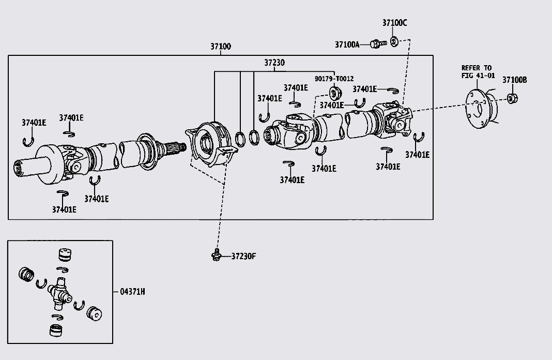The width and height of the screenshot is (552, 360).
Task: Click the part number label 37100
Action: click(x=220, y=47)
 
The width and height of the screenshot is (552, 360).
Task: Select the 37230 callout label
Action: click(x=274, y=63)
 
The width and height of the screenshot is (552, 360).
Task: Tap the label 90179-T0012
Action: click(x=334, y=79)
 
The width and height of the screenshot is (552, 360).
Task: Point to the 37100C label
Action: click(x=394, y=23)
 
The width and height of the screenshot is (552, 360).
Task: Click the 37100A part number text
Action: click(x=347, y=44)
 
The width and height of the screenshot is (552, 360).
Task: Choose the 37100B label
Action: click(x=514, y=80)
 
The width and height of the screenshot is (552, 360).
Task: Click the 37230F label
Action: click(x=243, y=256)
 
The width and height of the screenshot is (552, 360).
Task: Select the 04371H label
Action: click(x=132, y=292)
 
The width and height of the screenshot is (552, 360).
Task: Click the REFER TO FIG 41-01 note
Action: click(x=478, y=71)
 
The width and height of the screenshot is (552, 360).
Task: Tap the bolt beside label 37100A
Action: click(x=378, y=44)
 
